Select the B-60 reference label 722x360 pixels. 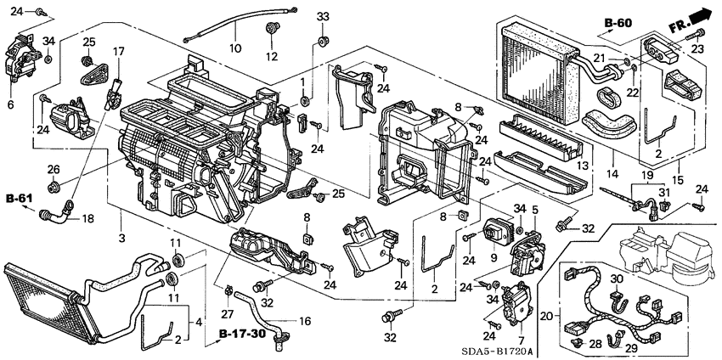619,23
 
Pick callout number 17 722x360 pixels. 119,51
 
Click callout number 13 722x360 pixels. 582,166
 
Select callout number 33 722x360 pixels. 321,17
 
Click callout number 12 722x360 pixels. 273,57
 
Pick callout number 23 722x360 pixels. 702,49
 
